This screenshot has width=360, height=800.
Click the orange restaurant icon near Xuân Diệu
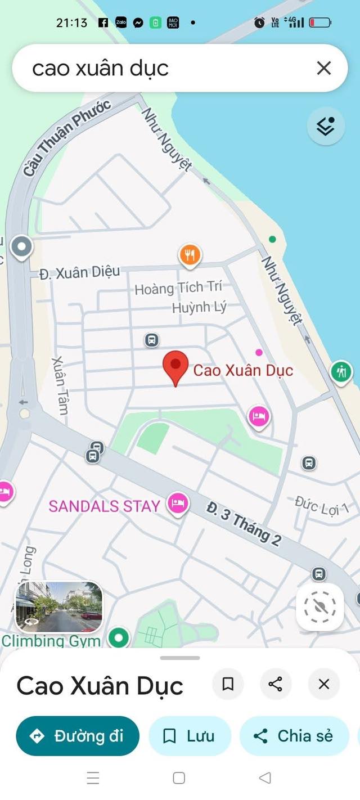[x=190, y=255]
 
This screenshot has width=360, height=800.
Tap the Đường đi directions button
[x=78, y=735]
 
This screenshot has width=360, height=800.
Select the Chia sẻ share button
[x=294, y=735]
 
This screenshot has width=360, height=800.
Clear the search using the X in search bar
[x=323, y=69]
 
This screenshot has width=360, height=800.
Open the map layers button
[x=326, y=126]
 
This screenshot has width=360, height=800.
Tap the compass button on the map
[x=319, y=606]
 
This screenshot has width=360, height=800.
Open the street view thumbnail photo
[x=58, y=606]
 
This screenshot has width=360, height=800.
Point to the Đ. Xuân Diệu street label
[x=79, y=273]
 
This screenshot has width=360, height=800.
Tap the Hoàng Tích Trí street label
[x=178, y=288]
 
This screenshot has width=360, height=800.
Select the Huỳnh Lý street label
[x=199, y=307]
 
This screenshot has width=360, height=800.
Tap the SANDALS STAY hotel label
[x=105, y=506]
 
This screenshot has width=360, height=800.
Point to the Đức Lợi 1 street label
[x=322, y=506]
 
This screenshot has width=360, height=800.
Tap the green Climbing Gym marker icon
[x=119, y=638]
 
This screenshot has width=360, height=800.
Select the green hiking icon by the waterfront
[x=341, y=371]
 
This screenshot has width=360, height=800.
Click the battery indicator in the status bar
[x=319, y=23]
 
